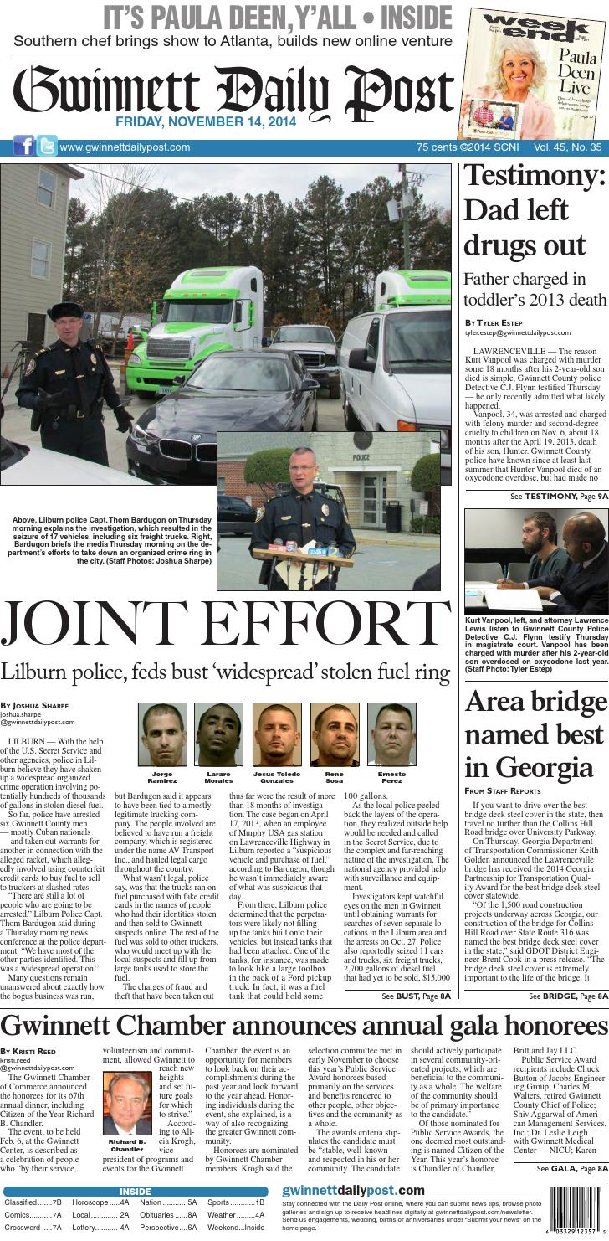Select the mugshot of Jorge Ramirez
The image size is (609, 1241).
[162, 734]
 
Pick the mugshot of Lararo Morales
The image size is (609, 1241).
[218, 734]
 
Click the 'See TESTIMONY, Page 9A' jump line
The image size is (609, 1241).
[559, 497]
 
